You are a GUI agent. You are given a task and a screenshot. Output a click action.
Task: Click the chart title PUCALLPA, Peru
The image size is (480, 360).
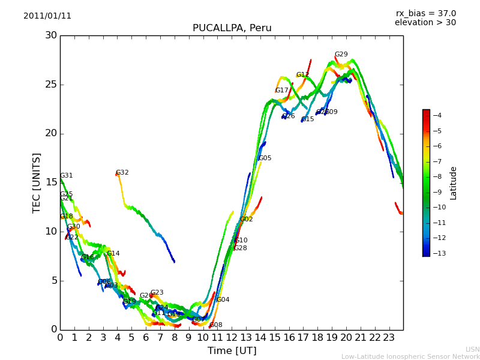(232, 28)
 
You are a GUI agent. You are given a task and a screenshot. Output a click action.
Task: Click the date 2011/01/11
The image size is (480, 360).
(47, 16)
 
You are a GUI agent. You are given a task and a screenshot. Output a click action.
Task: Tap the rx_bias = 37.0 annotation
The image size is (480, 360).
(425, 13)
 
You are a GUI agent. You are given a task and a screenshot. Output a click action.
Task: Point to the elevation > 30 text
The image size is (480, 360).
(425, 23)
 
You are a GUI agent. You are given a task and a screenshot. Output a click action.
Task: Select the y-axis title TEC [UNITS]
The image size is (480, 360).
(37, 182)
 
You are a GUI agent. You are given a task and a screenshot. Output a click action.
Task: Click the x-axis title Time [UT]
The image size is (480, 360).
(232, 350)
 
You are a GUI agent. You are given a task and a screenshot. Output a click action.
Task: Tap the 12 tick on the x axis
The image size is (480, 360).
(232, 337)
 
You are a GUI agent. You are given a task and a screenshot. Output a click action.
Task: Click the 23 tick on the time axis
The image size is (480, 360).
(389, 337)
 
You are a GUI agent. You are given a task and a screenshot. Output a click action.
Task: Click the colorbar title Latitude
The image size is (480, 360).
(454, 182)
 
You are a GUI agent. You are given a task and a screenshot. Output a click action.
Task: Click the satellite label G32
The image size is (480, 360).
(122, 173)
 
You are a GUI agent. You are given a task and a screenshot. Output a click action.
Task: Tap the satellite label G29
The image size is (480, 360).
(341, 55)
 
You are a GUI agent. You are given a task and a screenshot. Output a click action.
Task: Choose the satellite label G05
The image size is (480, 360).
(265, 158)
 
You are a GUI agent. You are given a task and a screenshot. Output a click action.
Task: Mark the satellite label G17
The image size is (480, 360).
(281, 91)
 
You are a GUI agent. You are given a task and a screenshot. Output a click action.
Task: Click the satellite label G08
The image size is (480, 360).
(215, 325)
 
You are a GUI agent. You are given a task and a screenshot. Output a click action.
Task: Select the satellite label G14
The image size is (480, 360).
(113, 254)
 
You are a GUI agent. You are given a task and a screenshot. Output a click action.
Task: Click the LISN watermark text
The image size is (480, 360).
(472, 349)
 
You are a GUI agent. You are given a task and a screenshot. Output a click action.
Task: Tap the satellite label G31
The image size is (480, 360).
(66, 176)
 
